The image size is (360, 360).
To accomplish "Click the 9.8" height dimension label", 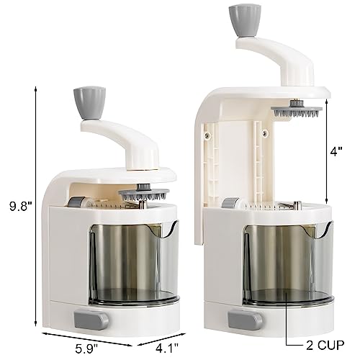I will (x=18, y=207).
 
